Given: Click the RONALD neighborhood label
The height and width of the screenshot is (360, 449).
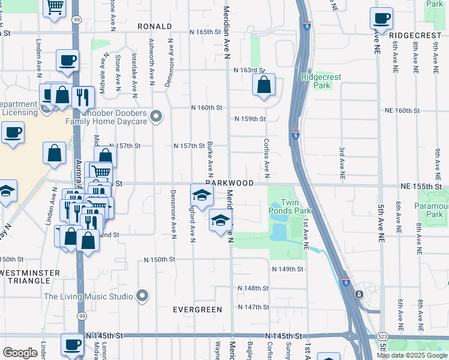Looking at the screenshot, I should (154, 27).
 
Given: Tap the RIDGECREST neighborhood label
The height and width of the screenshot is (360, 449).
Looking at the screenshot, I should (415, 36).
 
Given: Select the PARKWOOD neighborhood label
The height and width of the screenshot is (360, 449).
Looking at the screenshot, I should (229, 182).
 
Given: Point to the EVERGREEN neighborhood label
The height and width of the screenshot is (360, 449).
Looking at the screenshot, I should (197, 310).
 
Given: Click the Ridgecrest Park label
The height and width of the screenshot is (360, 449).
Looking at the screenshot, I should (316, 81).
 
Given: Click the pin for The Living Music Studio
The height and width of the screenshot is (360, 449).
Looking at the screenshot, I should (142, 296).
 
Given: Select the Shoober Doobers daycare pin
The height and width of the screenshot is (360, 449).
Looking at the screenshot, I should (157, 116).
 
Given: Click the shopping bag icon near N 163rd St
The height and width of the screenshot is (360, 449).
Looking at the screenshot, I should (264, 86).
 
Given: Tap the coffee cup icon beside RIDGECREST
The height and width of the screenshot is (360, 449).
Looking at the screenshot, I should (381, 19).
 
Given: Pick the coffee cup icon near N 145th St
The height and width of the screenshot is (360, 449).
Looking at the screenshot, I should (73, 344).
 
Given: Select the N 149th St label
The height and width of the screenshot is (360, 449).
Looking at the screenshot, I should (288, 269).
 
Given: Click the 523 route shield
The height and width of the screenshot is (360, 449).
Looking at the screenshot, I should (382, 337).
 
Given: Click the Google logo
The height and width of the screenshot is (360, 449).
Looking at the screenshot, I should (20, 353).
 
